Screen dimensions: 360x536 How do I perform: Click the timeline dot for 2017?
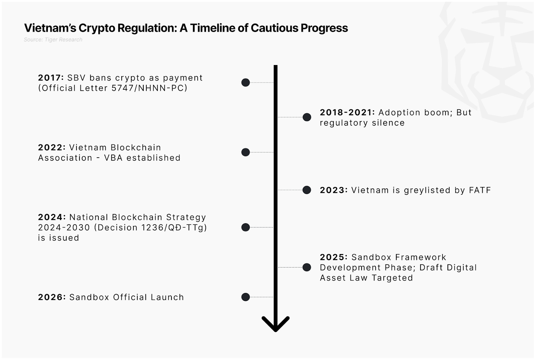click(246, 82)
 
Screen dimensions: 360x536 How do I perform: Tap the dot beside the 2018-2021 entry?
click(307, 117)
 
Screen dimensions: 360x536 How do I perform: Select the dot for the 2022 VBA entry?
click(246, 152)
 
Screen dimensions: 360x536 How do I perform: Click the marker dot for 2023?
click(307, 190)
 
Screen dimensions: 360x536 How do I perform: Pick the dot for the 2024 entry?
click(246, 227)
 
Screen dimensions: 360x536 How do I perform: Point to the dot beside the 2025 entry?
click(307, 267)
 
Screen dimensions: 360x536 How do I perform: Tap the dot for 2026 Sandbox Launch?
click(246, 297)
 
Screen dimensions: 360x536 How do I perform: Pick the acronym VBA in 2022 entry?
click(113, 158)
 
